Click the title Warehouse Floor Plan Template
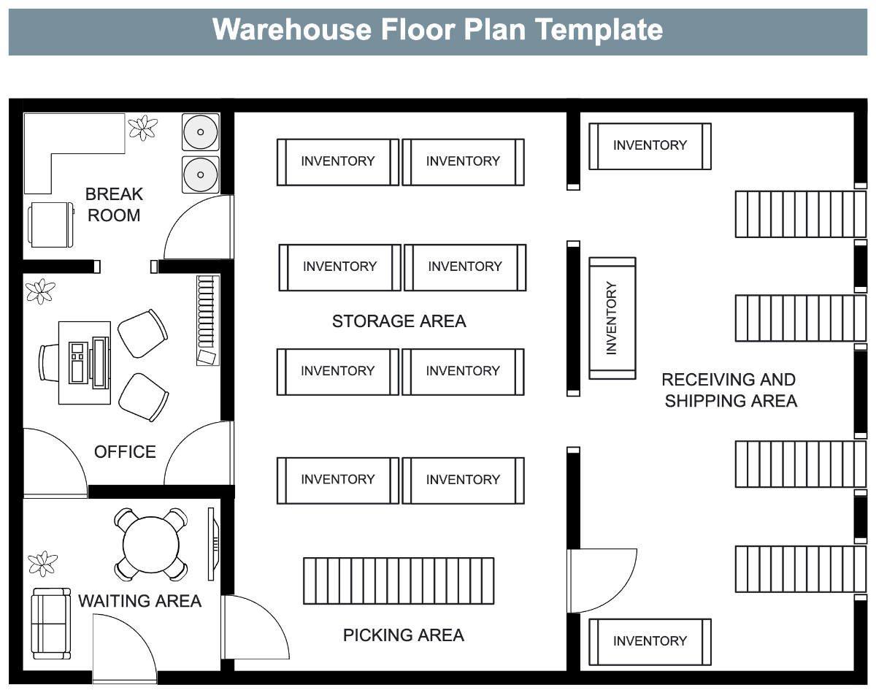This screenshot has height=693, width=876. (437, 30)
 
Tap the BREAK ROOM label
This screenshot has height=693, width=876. (114, 204)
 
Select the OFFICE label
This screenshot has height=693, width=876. (125, 452)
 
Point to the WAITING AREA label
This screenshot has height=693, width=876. (139, 601)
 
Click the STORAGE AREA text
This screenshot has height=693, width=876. (399, 321)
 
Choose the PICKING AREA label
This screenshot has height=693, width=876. (403, 635)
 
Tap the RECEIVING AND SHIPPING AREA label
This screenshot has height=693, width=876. (730, 390)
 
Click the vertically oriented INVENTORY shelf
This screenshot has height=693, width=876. (612, 318)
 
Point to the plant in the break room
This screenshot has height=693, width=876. (142, 128)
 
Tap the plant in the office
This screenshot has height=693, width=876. (40, 291)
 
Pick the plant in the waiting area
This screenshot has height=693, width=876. (42, 563)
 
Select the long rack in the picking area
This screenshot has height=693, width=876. (399, 581)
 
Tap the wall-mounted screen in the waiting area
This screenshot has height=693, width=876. (214, 545)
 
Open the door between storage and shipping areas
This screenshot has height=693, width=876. (600, 580)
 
